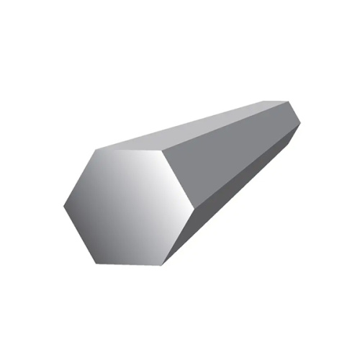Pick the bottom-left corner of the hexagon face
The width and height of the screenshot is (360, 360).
[x=95, y=264]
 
